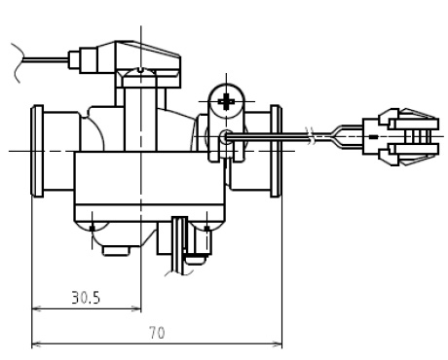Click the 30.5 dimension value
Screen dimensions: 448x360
point(86,298)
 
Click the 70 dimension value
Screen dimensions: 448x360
point(157,333)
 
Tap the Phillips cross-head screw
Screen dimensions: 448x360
point(226,101)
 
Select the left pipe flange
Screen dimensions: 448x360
point(37,151)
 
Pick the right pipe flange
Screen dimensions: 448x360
point(276,151)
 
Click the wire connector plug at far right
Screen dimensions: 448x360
point(400,137)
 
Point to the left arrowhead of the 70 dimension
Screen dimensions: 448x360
point(36,343)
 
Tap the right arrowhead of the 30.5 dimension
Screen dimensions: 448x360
point(136,308)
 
